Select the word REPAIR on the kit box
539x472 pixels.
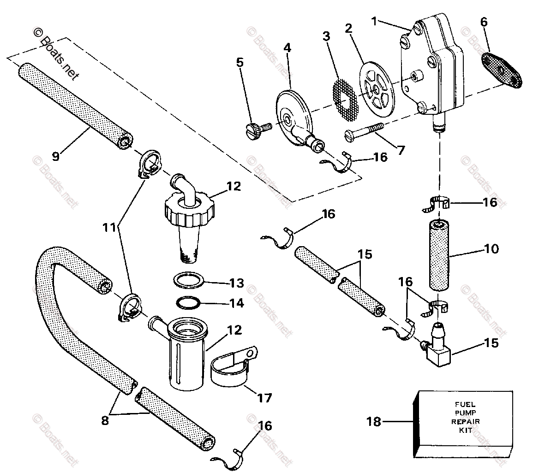click(x=465, y=421)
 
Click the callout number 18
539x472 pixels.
click(x=374, y=421)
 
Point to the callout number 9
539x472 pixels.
click(x=56, y=156)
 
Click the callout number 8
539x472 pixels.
click(x=105, y=420)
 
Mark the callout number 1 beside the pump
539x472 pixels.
click(x=374, y=21)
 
